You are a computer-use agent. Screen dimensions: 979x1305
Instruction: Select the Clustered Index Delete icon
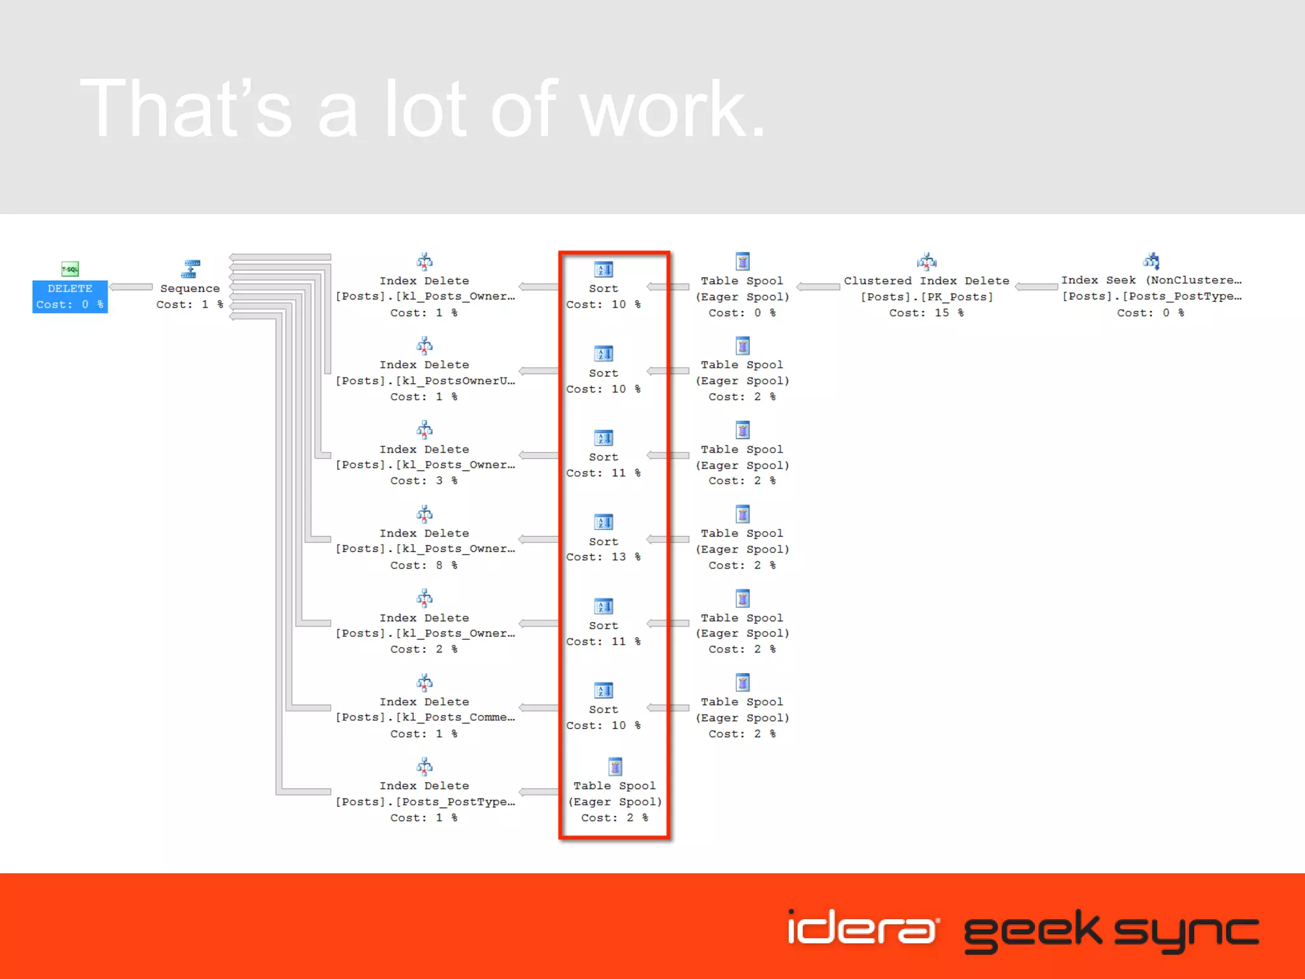click(926, 261)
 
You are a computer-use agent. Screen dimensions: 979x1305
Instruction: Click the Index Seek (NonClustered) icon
click(1151, 261)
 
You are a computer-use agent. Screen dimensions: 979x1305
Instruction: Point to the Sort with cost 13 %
click(603, 523)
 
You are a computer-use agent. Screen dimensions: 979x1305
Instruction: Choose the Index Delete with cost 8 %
click(424, 514)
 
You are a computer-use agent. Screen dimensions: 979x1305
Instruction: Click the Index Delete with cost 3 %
click(424, 430)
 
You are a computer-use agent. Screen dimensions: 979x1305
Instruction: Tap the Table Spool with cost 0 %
click(742, 261)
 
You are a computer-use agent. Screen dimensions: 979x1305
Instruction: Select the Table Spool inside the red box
click(615, 767)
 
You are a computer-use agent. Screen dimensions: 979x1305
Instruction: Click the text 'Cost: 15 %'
click(926, 313)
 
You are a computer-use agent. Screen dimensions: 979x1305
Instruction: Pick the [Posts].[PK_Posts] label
click(926, 297)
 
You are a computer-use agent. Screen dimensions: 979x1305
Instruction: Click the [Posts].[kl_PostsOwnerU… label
click(425, 381)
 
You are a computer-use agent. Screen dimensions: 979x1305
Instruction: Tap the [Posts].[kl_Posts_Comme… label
click(425, 718)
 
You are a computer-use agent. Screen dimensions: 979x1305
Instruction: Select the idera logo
click(863, 928)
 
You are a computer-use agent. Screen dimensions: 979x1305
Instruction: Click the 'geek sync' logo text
click(1111, 931)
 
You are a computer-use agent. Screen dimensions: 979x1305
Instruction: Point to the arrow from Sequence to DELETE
click(131, 287)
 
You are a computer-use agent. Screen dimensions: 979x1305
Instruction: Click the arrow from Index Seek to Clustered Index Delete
click(1036, 287)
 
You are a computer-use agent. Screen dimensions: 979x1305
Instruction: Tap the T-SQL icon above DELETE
click(70, 269)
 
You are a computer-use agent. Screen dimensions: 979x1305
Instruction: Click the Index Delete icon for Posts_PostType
click(424, 766)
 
